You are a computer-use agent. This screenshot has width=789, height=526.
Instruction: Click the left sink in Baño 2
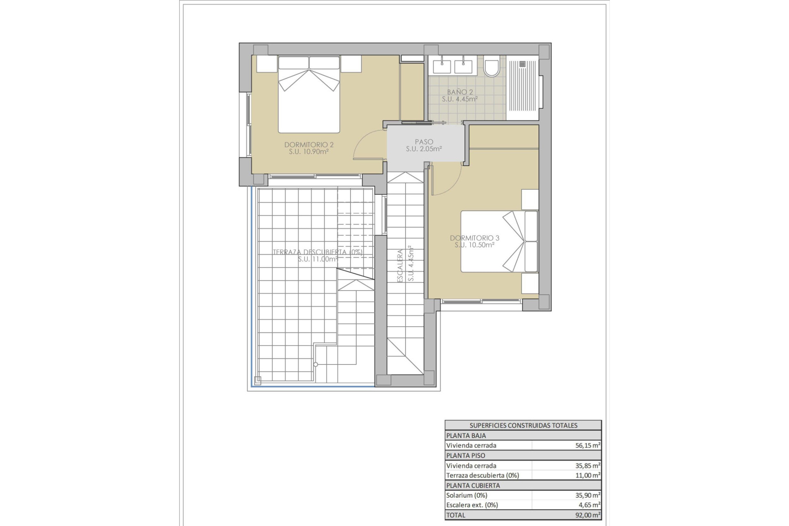tap(442, 66)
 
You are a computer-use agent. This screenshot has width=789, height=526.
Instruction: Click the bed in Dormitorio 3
tap(499, 241)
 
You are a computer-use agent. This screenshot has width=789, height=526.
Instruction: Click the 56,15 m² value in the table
tap(588, 445)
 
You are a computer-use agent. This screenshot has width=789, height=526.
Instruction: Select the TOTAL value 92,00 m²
tap(588, 515)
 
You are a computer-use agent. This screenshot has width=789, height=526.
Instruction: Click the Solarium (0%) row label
tap(467, 495)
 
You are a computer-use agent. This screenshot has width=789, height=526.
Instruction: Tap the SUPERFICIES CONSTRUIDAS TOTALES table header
tap(523, 425)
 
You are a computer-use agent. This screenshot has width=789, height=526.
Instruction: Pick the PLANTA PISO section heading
tap(466, 455)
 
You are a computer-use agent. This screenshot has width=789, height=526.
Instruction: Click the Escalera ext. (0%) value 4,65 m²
tap(589, 505)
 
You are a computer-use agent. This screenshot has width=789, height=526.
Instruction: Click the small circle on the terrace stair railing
tap(316, 365)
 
